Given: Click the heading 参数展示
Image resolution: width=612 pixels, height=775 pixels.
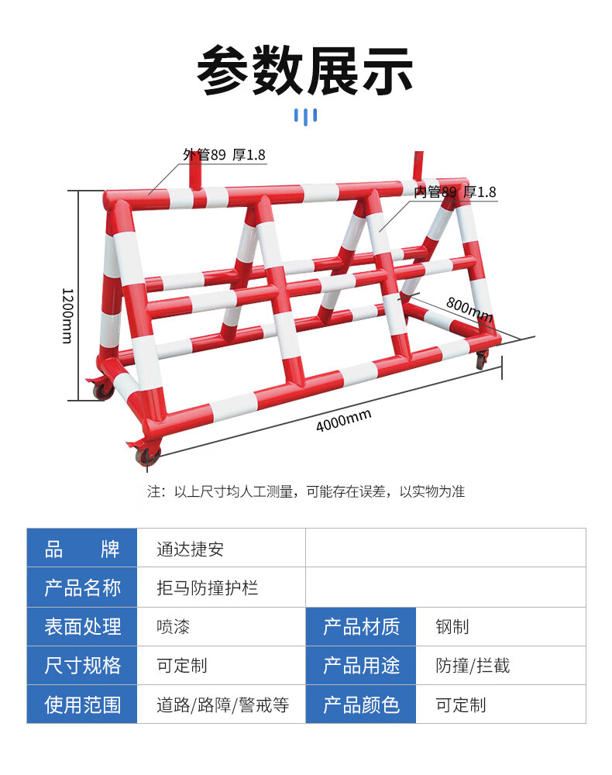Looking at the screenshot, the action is [x=304, y=71].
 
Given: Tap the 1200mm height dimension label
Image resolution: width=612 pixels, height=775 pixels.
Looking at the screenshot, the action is [x=67, y=316].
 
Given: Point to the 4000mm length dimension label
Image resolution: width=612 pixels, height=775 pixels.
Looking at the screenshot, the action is [x=344, y=421].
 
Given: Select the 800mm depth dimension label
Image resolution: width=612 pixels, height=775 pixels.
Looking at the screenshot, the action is [x=469, y=309].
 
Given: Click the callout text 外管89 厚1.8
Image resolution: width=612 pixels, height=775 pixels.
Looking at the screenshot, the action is [x=224, y=155].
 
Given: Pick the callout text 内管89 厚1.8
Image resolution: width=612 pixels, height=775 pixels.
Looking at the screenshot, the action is [x=455, y=191].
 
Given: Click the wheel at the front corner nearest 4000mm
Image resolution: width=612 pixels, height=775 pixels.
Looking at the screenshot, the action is [x=148, y=456].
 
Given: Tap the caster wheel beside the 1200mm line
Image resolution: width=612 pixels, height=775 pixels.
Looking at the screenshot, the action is [x=103, y=390].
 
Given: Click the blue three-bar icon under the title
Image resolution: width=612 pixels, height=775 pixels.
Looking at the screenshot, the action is [x=305, y=117].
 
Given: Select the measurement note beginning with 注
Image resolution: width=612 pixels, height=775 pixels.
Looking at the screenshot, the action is [x=306, y=491].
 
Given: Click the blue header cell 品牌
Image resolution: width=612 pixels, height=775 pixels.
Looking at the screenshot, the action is [x=82, y=549].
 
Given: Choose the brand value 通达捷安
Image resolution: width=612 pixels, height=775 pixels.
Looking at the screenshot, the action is [x=190, y=549].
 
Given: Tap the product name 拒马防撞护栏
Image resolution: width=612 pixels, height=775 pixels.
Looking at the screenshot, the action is [x=208, y=587].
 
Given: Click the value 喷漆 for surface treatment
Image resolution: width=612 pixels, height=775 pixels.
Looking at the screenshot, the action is [x=174, y=627].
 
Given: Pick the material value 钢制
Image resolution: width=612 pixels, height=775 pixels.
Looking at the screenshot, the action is [x=452, y=627].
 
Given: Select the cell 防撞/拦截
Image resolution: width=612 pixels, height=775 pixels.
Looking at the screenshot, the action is [x=473, y=666].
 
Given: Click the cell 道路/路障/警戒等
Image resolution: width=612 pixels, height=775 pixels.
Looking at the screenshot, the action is [x=223, y=704].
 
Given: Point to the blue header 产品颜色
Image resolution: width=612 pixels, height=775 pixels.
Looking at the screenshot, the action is [x=361, y=704].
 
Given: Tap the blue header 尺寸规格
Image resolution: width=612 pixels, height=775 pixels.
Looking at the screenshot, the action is [x=82, y=666].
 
